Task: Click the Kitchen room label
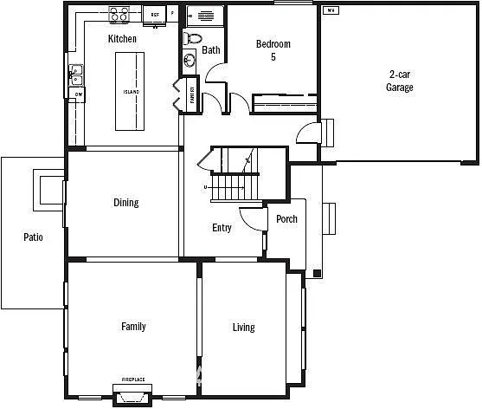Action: coord(122,39)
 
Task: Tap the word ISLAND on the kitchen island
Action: coord(132,91)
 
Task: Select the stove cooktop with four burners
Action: coord(119,14)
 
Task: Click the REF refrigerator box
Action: coord(156,15)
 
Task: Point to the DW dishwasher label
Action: coord(78,94)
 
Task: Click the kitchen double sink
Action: coord(75,75)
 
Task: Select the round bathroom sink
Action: coord(190,59)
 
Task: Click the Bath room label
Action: coord(211,50)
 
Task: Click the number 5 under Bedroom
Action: coord(273,57)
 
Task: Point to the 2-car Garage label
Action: coord(399,81)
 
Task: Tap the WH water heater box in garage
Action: coord(330,11)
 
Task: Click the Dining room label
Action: coord(125,203)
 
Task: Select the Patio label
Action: coord(33,237)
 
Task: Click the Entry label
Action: coord(222,228)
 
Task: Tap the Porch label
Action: coord(286,218)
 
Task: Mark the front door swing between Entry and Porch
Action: coord(252,218)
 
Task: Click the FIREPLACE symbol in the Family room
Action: coord(132,393)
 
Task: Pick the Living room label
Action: coord(243,327)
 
